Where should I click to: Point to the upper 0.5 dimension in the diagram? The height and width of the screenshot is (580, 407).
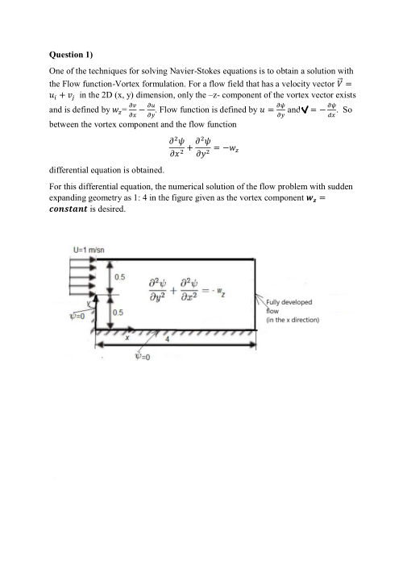pyautogui.click(x=118, y=277)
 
